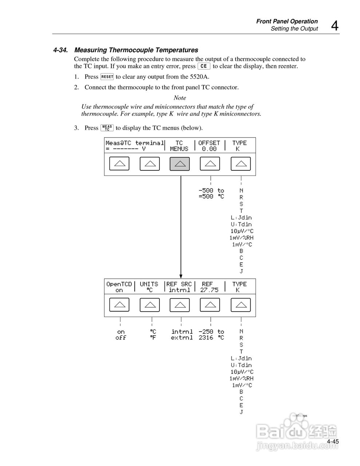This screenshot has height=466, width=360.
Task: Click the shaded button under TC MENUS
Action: [179, 164]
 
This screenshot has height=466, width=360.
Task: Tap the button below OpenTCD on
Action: [119, 305]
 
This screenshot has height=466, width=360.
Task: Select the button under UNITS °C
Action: [150, 305]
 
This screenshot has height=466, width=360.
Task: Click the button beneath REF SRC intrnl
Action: [179, 305]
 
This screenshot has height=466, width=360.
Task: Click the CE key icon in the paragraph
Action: [204, 66]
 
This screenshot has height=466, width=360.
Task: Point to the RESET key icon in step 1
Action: [107, 77]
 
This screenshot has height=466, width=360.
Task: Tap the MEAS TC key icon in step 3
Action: [107, 128]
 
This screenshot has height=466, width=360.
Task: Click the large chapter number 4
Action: [334, 26]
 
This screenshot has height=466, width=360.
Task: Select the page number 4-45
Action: [333, 442]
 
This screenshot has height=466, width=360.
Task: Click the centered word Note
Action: [180, 98]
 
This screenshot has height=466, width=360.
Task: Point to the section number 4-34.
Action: [61, 50]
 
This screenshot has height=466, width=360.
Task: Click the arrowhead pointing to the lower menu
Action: [181, 276]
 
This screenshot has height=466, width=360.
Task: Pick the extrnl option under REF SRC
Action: [182, 338]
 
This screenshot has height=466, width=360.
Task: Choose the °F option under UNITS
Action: [153, 338]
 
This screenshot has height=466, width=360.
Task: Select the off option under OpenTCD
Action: [121, 338]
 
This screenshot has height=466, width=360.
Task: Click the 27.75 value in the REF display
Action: [209, 290]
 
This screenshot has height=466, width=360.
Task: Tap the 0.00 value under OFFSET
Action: [209, 149]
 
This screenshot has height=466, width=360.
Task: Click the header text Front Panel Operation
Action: [287, 21]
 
